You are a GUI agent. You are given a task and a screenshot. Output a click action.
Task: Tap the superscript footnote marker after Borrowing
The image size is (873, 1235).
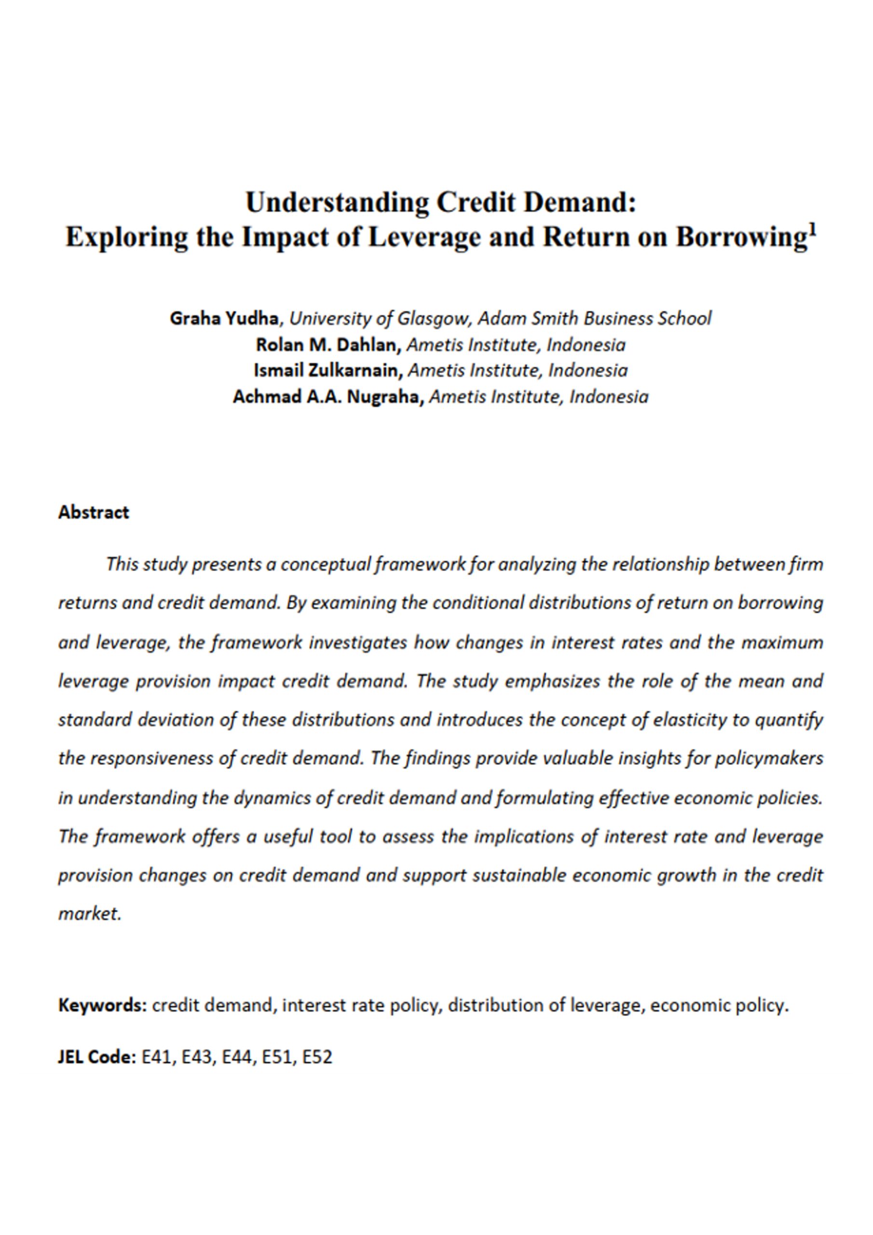coord(812,231)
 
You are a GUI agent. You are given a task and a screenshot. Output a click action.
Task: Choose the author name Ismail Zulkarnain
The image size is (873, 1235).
coord(327,370)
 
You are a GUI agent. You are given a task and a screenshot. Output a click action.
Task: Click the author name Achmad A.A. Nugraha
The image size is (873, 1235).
coord(328,397)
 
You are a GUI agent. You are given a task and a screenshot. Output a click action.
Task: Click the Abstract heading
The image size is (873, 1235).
coord(94,512)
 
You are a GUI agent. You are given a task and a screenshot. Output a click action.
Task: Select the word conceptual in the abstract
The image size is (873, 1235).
coord(325,564)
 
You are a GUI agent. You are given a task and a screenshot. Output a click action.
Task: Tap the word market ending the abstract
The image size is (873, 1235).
coord(89,914)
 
